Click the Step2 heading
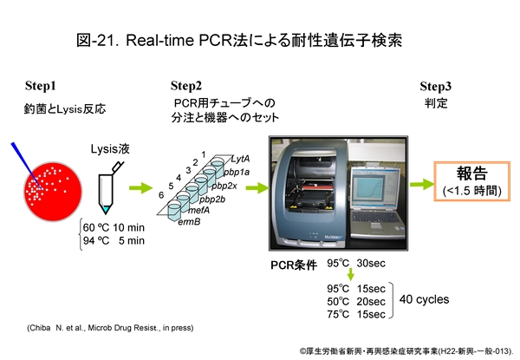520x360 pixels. pos(186,86)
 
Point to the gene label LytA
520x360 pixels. pos(240,158)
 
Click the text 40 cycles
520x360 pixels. pos(424,300)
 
